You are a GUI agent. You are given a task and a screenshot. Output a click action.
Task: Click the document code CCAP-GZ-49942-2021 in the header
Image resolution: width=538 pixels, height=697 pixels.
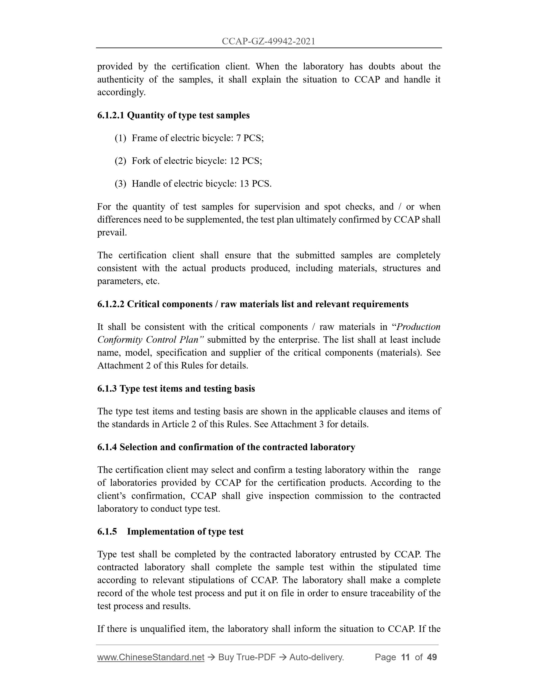[x=268, y=41]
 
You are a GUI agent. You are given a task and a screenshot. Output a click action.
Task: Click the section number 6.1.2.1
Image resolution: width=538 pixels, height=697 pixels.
[x=111, y=115]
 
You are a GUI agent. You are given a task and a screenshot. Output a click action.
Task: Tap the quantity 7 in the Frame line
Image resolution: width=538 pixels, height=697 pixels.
[x=238, y=138]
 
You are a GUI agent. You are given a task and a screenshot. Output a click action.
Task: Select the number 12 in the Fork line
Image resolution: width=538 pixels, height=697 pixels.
[x=234, y=161]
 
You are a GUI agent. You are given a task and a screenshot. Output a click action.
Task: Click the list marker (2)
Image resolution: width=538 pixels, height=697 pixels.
[x=121, y=161]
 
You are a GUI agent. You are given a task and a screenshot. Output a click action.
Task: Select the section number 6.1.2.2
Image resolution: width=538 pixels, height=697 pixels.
[x=111, y=304]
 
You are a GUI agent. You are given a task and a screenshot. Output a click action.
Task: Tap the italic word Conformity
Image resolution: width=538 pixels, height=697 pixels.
[x=120, y=340]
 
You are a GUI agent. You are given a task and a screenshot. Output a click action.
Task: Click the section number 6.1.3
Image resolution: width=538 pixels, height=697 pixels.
[x=107, y=389]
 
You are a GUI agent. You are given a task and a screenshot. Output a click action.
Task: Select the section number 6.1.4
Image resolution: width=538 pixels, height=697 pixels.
[x=107, y=447]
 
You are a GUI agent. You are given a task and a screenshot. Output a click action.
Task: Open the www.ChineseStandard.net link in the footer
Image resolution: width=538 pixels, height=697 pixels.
[x=151, y=657]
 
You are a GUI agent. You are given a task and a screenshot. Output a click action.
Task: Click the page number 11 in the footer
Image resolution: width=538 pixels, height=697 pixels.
[x=405, y=657]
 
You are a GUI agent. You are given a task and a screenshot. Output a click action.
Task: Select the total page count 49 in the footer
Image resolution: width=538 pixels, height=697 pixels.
[x=432, y=657]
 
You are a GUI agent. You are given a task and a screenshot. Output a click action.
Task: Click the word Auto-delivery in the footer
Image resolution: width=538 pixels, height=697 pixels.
[x=316, y=657]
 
